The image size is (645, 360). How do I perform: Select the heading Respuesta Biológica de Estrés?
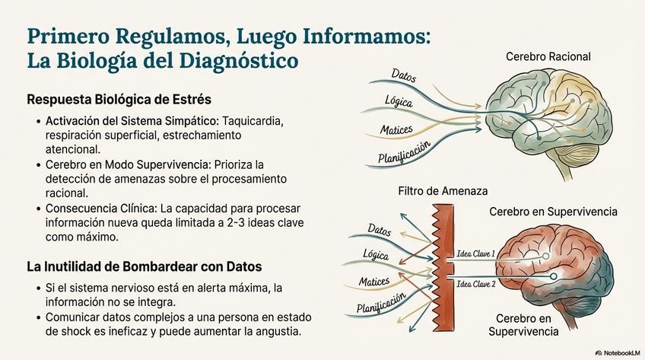click(119, 100)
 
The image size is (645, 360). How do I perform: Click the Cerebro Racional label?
click(548, 56)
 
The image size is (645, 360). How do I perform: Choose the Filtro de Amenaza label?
click(443, 191)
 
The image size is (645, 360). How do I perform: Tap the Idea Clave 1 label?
click(475, 253)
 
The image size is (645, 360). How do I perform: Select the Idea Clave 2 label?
click(476, 284)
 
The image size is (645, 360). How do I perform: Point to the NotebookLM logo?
click(617, 352)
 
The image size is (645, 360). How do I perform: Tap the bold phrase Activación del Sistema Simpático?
click(130, 121)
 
